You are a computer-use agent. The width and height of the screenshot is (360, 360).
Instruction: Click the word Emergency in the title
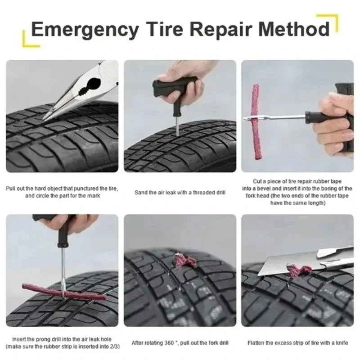[x=85, y=30]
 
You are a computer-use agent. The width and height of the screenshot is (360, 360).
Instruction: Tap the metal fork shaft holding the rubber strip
[x=279, y=117]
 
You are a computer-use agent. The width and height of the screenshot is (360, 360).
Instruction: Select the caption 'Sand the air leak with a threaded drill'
[x=180, y=193]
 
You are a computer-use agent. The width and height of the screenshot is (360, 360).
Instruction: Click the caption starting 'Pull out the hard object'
[x=62, y=192]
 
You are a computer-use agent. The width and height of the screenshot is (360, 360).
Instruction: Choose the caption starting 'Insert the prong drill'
[x=62, y=342]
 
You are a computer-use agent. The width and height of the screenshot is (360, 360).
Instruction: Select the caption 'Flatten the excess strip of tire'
[x=297, y=342]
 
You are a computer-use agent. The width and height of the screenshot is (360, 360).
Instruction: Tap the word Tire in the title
[x=165, y=30]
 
